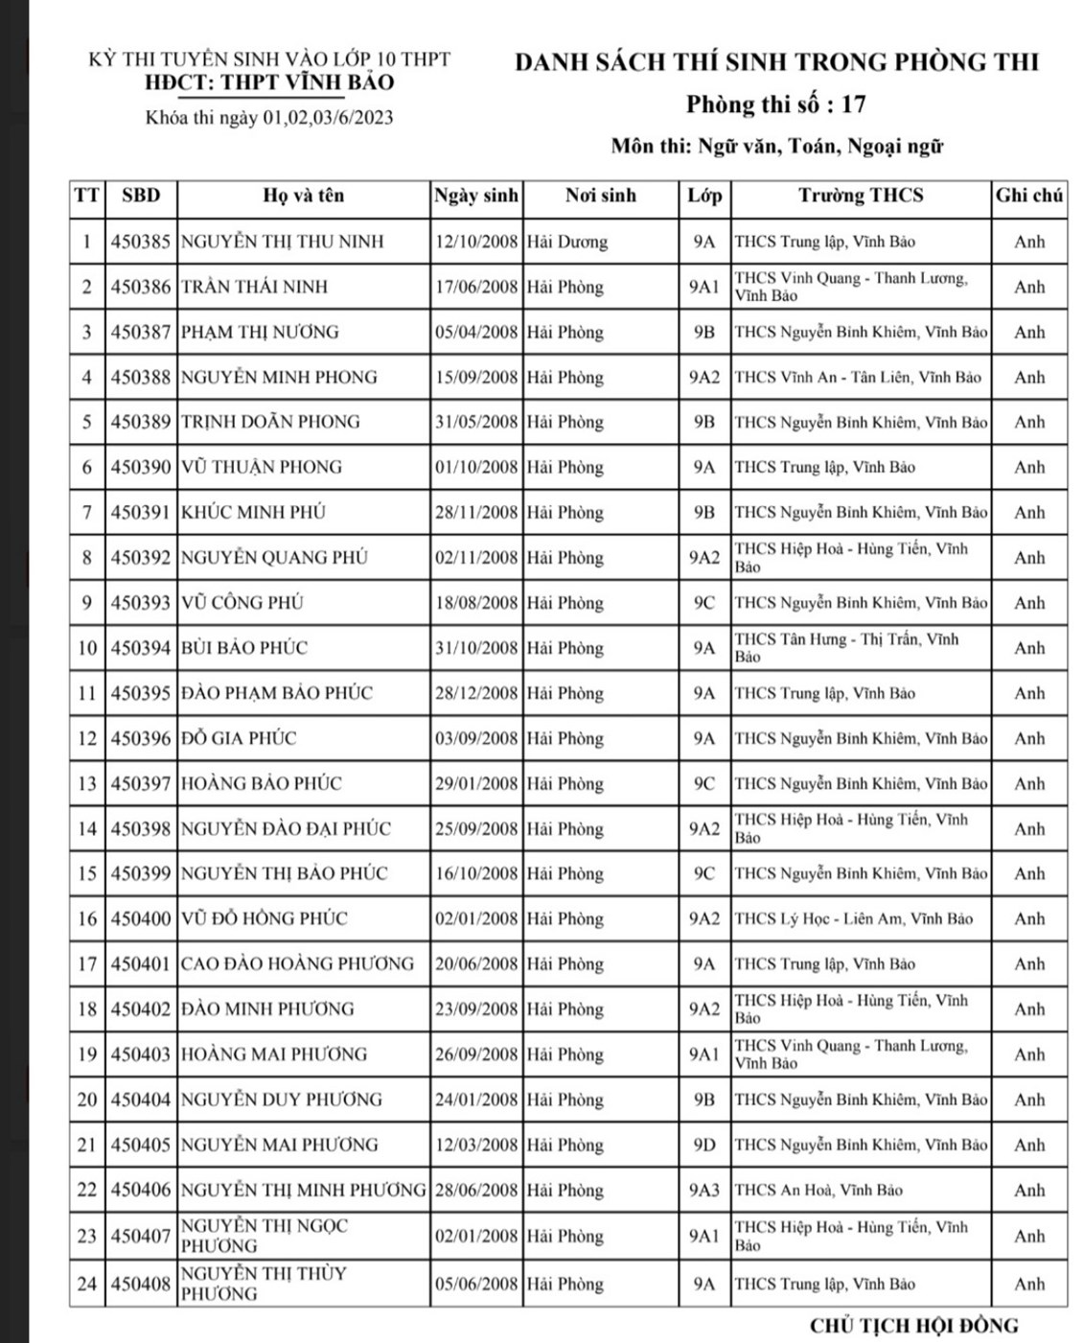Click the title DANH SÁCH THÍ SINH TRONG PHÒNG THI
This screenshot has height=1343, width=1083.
[x=776, y=62]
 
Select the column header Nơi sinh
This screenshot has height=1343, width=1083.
[x=600, y=196]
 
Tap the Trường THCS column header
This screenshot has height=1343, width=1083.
[x=861, y=196]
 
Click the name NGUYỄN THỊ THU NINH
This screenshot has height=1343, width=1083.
[x=282, y=242]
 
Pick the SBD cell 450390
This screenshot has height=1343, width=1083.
[x=141, y=467]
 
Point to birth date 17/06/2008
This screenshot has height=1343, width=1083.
[x=476, y=287]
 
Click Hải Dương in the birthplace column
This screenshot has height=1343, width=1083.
[x=566, y=242]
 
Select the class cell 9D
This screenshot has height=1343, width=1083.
[x=703, y=1145]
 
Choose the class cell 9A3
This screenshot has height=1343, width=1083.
[x=703, y=1190]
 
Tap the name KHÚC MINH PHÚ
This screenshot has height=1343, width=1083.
[x=253, y=512]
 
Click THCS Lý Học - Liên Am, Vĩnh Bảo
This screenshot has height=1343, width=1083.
[x=853, y=918]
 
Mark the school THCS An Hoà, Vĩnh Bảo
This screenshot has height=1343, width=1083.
[x=818, y=1190]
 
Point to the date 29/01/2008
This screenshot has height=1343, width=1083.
[x=476, y=783]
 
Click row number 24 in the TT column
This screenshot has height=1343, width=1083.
[x=87, y=1284]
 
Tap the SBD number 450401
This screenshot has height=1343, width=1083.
[x=141, y=963]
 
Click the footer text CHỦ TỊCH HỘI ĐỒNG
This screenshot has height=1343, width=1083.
[x=913, y=1326]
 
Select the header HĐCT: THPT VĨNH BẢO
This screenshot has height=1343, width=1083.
[x=268, y=82]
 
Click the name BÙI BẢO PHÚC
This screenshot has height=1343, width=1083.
[x=244, y=648]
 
